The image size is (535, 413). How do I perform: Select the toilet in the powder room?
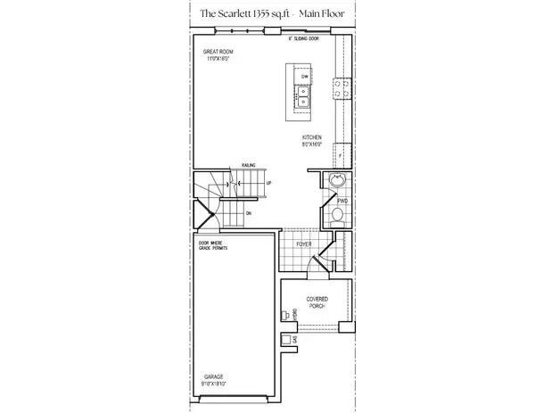337,215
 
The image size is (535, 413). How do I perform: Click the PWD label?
342,202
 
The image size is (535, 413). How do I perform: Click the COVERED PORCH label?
317,302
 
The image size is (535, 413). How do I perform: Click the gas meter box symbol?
284,340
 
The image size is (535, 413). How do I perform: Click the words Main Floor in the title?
327,14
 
